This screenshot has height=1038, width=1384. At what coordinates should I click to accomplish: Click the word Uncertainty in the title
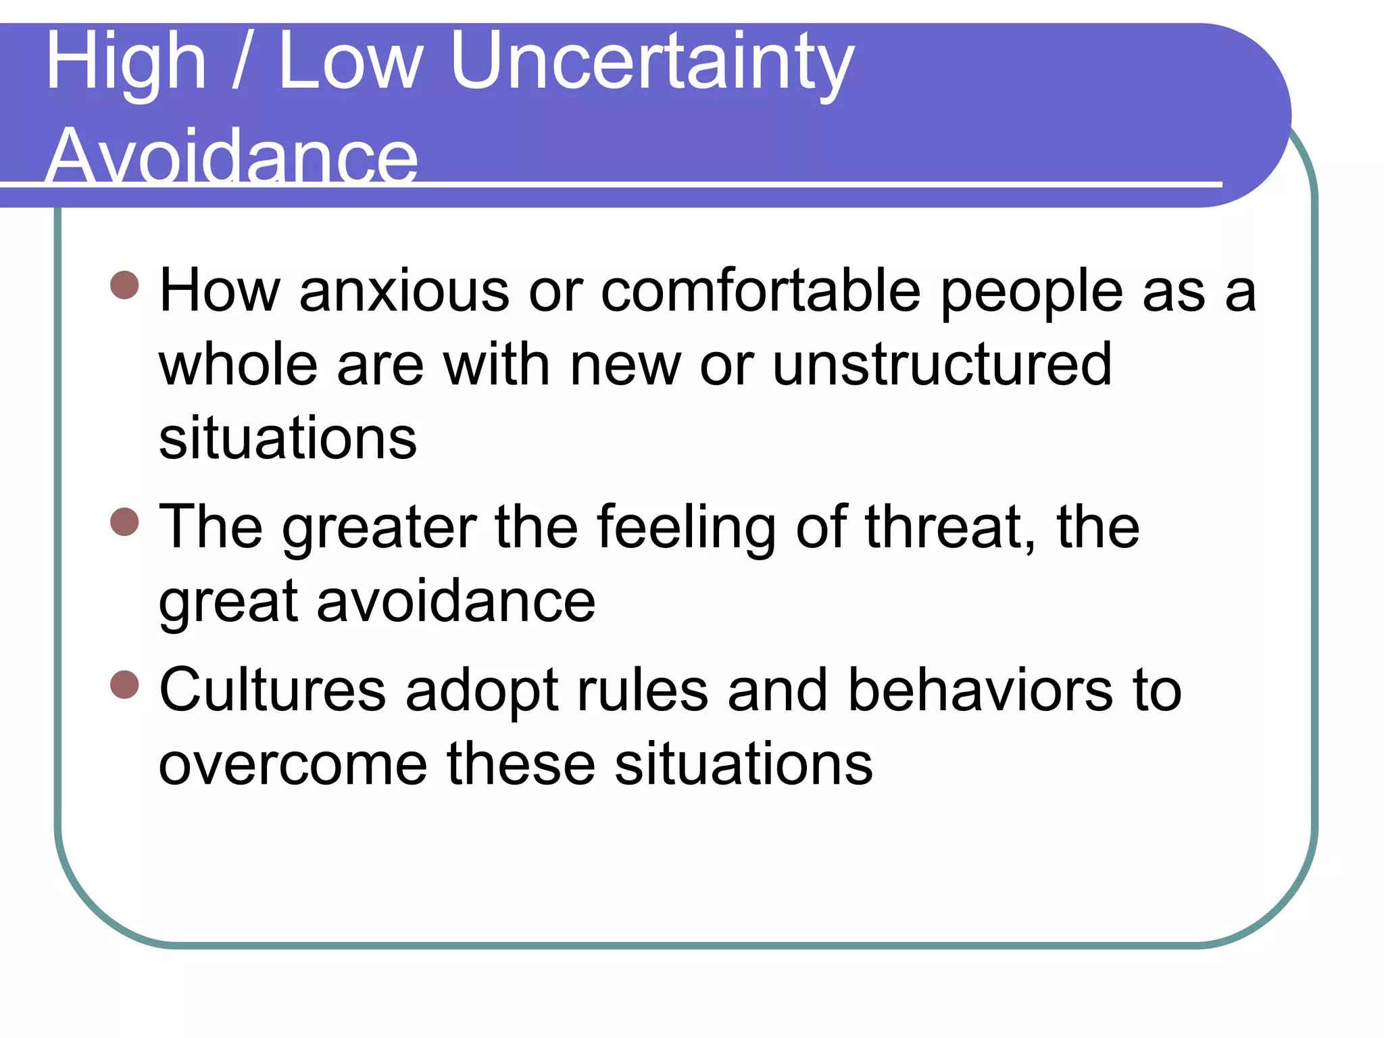[x=652, y=62]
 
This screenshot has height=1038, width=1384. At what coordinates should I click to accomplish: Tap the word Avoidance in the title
[x=232, y=157]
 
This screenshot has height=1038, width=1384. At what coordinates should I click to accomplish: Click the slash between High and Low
[x=241, y=62]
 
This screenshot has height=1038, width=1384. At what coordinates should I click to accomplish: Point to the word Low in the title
[x=351, y=62]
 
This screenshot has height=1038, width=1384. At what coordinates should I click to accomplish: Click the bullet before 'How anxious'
[x=124, y=285]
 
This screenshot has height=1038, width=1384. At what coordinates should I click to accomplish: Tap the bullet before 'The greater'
[x=124, y=522]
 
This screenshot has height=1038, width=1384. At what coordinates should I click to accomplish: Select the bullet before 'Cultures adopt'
[x=124, y=685]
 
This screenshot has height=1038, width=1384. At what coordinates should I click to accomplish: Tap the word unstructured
[x=942, y=365]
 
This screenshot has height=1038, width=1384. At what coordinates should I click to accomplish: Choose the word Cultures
[x=272, y=691]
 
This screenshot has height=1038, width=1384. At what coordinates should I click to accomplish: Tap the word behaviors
[x=980, y=691]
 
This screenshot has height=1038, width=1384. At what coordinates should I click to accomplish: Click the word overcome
[x=293, y=765]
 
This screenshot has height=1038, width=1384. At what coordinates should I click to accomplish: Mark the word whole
[x=238, y=365]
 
